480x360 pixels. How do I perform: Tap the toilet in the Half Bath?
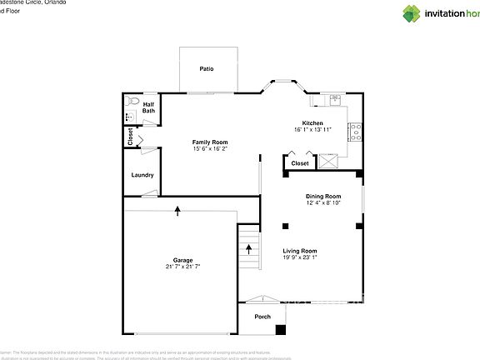(131, 100)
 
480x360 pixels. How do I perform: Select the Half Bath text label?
(148, 107)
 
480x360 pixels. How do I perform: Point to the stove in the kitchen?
(355, 130)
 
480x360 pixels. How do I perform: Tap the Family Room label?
(210, 142)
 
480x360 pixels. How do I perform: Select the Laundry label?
(142, 175)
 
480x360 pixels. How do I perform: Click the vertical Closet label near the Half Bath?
(131, 136)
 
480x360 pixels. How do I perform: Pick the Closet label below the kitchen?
(300, 163)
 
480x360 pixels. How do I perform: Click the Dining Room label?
(323, 196)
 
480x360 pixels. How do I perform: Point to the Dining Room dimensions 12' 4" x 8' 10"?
(323, 202)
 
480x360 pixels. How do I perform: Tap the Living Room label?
(300, 251)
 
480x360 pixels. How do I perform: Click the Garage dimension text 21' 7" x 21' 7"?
(182, 266)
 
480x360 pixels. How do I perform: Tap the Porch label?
(262, 316)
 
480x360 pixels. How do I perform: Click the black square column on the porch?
(281, 330)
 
